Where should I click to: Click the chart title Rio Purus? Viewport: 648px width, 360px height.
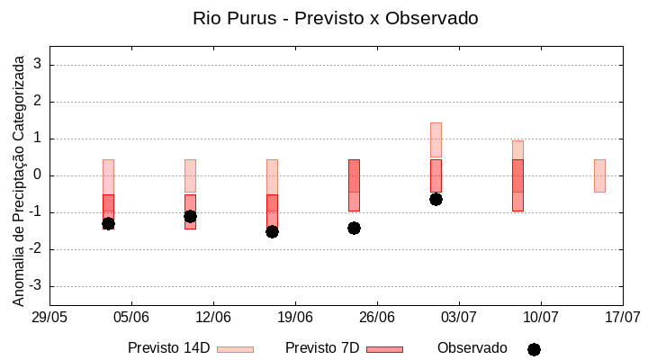[336, 18]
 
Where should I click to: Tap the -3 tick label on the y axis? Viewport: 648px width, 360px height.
[36, 286]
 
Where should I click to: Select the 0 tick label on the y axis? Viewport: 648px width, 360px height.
[39, 175]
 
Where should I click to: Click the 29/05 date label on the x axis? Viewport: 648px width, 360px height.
[49, 317]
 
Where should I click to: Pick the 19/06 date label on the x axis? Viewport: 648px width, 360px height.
[295, 317]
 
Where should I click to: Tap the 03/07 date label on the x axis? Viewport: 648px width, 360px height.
[459, 317]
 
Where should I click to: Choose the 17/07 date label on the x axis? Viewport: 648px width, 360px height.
[622, 317]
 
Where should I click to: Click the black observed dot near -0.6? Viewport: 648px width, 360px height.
[436, 199]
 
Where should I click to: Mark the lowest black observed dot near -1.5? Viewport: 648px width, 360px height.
[272, 231]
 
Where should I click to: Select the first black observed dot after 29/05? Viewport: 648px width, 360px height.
[108, 223]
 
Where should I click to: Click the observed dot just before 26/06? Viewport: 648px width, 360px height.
[354, 228]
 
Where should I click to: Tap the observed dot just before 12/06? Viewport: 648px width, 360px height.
[190, 216]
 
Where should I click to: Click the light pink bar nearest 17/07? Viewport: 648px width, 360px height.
[599, 175]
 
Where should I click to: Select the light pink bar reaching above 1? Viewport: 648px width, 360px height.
[436, 139]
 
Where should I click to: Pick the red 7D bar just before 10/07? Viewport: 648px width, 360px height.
[517, 184]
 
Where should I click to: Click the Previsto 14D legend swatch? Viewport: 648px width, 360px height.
[235, 349]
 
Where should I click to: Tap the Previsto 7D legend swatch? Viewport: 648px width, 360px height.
[384, 349]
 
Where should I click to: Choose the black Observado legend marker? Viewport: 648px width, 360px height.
[534, 349]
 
